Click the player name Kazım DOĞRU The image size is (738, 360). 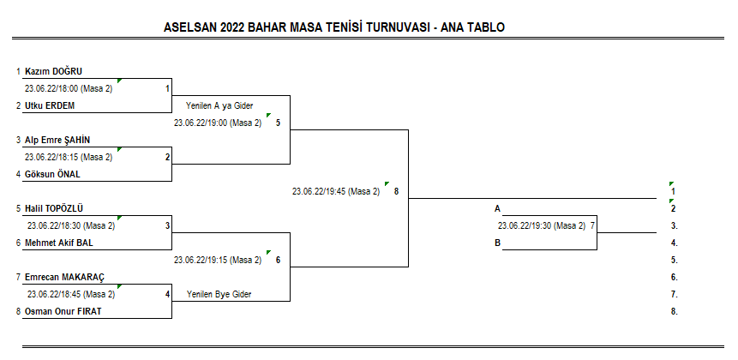pyautogui.click(x=54, y=71)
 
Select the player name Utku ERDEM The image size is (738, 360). pyautogui.click(x=50, y=106)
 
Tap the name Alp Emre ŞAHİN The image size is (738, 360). pyautogui.click(x=57, y=140)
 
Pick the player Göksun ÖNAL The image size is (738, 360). pyautogui.click(x=53, y=174)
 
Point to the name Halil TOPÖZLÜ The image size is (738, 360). pyautogui.click(x=54, y=208)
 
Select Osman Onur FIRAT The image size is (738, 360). pyautogui.click(x=63, y=311)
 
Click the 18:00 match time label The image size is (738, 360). pyautogui.click(x=69, y=88)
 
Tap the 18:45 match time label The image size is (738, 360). pyautogui.click(x=71, y=295)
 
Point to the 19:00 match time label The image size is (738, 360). pyautogui.click(x=218, y=123)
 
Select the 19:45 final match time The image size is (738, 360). pyautogui.click(x=336, y=191)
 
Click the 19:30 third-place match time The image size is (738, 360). pyautogui.click(x=542, y=226)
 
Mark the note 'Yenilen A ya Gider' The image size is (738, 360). pyautogui.click(x=219, y=106)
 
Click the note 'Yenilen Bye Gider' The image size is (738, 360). pyautogui.click(x=219, y=295)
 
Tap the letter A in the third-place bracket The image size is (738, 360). pyautogui.click(x=497, y=209)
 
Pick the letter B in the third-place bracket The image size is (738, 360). pyautogui.click(x=497, y=243)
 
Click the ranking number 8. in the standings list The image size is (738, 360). pyautogui.click(x=675, y=311)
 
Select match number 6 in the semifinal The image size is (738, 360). pyautogui.click(x=279, y=261)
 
